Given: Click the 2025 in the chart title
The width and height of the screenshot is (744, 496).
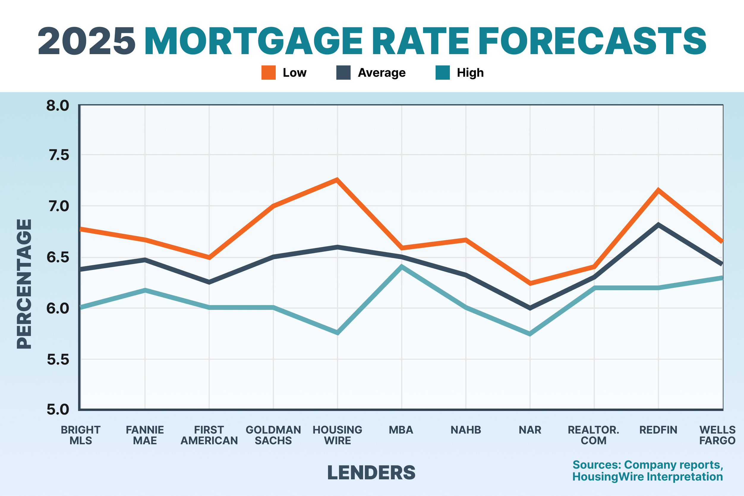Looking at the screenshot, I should [86, 41].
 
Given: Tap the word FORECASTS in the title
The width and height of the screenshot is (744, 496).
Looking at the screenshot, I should [592, 41].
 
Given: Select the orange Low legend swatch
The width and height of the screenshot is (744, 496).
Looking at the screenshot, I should [268, 73].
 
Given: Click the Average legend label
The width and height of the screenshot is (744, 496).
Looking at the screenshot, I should [382, 73].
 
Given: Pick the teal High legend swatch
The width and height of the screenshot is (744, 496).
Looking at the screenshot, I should [442, 73].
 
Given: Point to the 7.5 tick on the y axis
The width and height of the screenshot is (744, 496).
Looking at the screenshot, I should [59, 155].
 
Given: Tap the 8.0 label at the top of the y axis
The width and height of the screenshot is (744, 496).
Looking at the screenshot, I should [58, 106].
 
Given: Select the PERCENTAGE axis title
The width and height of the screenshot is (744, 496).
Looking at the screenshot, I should [24, 284].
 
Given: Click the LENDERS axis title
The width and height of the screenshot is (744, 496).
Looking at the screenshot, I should [371, 473].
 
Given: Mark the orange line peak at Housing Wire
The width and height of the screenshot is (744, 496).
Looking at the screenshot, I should [337, 180].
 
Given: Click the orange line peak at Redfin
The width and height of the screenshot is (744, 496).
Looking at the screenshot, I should [658, 190].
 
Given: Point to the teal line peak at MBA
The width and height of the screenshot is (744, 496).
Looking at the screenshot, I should [401, 266].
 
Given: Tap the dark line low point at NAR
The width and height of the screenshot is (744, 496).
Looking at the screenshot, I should [530, 308].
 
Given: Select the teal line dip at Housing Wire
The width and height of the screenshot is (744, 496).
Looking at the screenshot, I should [337, 333].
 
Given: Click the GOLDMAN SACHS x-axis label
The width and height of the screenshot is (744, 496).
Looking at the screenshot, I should [273, 435].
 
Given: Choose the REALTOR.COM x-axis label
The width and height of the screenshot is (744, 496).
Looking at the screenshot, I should [594, 435].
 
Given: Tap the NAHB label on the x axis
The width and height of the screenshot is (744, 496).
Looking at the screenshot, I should [466, 430].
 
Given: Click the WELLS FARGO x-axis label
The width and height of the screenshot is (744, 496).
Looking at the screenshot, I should [717, 435].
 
